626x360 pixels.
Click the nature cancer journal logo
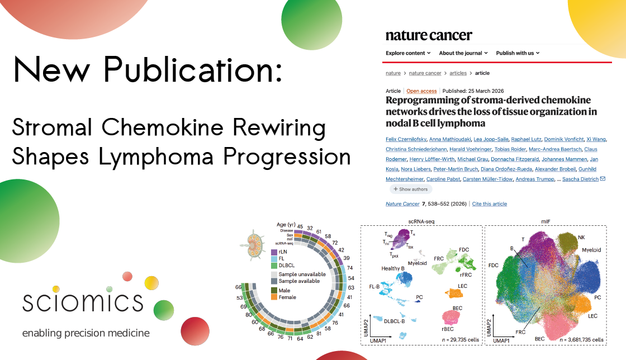(429, 35)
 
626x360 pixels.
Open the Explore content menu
(408, 53)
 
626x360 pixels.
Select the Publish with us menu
(518, 53)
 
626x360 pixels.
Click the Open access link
(421, 91)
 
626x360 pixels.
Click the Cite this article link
(490, 204)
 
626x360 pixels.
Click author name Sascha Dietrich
(581, 179)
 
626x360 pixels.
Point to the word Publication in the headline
(193, 72)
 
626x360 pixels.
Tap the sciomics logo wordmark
(83, 301)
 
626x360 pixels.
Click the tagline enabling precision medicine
(86, 334)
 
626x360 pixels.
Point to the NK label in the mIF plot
(581, 237)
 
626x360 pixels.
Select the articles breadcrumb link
(458, 73)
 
